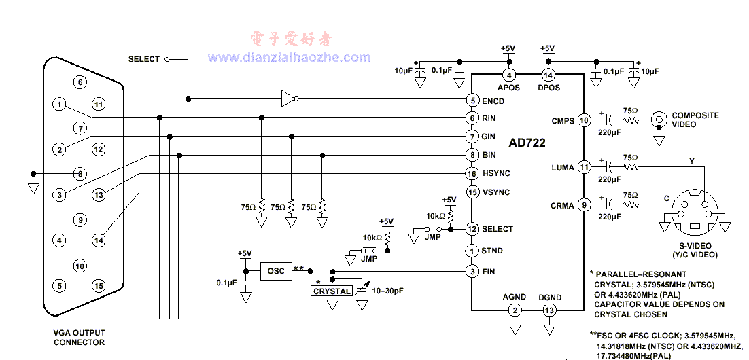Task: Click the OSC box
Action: pyautogui.click(x=275, y=270)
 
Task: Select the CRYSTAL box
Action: pyautogui.click(x=332, y=291)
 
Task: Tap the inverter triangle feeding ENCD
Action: pyautogui.click(x=288, y=99)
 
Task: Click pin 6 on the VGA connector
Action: pyautogui.click(x=80, y=82)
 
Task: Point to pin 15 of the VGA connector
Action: pyautogui.click(x=99, y=285)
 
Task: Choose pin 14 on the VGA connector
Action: pyautogui.click(x=99, y=240)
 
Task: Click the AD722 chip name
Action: pyautogui.click(x=527, y=143)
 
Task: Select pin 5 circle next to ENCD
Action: pyautogui.click(x=472, y=101)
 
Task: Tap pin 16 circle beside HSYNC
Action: pyautogui.click(x=472, y=174)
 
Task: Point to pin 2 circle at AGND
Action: pyautogui.click(x=515, y=310)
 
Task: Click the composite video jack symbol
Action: pyautogui.click(x=658, y=120)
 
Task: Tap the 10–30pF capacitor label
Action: pyautogui.click(x=388, y=291)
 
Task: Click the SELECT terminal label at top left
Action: pyautogui.click(x=143, y=59)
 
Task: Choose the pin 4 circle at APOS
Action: pyautogui.click(x=508, y=75)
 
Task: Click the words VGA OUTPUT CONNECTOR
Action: pyautogui.click(x=80, y=337)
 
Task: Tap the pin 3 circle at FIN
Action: pyautogui.click(x=472, y=272)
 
